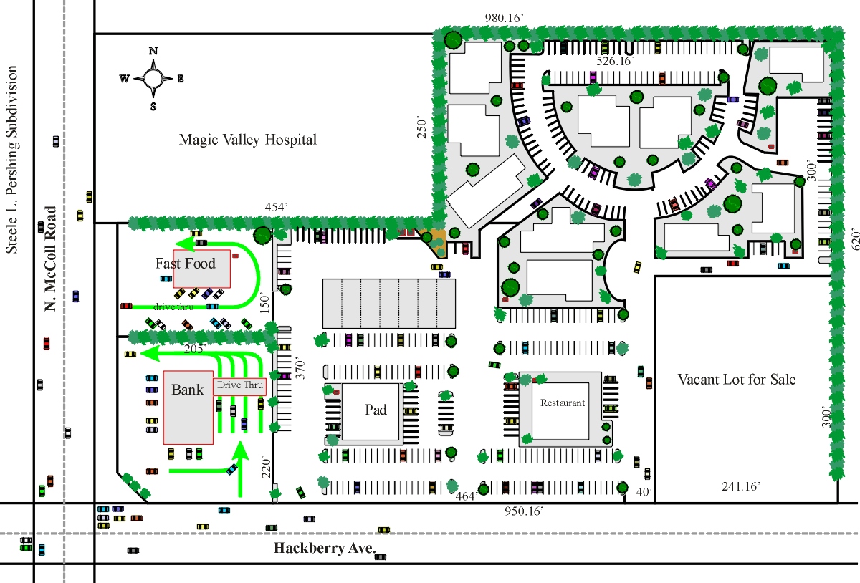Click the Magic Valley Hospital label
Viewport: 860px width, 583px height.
248,140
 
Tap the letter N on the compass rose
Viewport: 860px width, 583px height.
153,51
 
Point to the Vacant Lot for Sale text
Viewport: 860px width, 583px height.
737,380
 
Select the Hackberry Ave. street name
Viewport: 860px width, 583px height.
325,548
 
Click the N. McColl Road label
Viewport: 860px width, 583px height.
50,259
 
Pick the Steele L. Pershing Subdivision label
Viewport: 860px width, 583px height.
11,159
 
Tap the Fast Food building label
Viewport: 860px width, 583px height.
185,264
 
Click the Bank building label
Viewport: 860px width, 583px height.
187,390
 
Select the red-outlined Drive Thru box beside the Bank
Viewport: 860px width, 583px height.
239,385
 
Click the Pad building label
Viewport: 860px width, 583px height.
376,410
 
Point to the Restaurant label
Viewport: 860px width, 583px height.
563,403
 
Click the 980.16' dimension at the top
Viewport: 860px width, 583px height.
504,18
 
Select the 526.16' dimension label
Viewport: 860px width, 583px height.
616,61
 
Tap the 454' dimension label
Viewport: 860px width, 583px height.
276,207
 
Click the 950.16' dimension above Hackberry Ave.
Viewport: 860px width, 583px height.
524,511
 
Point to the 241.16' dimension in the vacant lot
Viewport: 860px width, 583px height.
741,486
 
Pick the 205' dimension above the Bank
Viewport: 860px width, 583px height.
195,349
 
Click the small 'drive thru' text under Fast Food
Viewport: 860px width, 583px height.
173,307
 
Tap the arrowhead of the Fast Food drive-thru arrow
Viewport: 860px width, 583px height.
184,244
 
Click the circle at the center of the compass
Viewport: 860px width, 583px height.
153,79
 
